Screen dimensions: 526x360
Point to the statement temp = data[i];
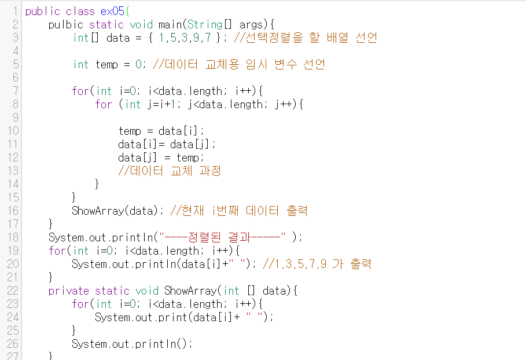pos(161,131)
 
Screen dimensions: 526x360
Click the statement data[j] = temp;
pos(161,157)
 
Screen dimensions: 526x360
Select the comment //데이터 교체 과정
pos(170,171)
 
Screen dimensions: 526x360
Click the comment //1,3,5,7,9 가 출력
pos(317,264)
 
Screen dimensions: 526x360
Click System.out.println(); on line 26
pos(132,344)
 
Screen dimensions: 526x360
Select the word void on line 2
pos(141,24)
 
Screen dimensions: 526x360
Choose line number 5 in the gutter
pos(16,64)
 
